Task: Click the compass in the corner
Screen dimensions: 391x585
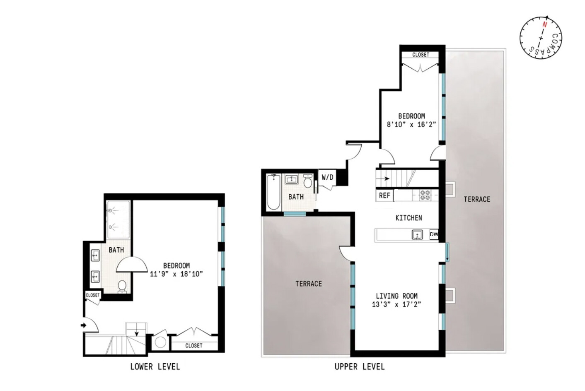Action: (540, 38)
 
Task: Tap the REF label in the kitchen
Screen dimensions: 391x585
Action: (384, 195)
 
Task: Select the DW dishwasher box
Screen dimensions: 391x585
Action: (434, 234)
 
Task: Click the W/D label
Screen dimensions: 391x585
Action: (327, 177)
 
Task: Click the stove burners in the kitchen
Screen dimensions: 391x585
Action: (425, 195)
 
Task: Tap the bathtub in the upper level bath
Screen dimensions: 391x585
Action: (274, 192)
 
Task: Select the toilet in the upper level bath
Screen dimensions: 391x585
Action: (307, 181)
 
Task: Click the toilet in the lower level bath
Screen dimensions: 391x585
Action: (122, 286)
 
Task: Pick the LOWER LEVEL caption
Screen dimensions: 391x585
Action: (155, 367)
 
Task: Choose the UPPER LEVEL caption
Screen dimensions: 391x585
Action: (360, 367)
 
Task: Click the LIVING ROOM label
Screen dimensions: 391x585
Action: (396, 296)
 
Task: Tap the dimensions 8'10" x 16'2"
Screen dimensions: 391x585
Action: (411, 124)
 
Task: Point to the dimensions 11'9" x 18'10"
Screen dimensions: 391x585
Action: (176, 274)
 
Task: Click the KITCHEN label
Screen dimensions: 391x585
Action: (409, 218)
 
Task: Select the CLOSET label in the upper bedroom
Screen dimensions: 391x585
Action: (421, 55)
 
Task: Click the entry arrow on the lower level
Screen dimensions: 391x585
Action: (84, 325)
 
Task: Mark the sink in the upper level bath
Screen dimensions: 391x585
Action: (292, 179)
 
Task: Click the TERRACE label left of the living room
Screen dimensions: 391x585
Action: (309, 284)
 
